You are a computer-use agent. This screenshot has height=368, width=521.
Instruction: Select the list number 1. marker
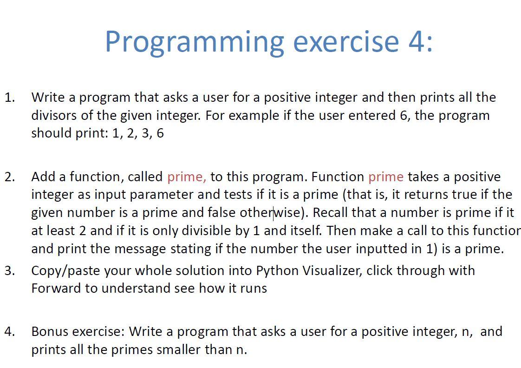pos(10,98)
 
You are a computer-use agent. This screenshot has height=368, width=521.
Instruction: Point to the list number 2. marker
pos(10,177)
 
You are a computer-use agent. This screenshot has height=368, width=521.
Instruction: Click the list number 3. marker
pos(10,270)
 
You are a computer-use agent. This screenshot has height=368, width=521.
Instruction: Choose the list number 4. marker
pos(10,332)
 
